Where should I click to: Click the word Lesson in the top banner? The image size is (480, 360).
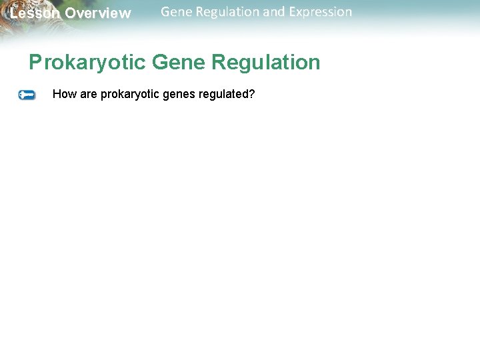coord(33,13)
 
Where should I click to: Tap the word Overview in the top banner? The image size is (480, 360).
coord(98,13)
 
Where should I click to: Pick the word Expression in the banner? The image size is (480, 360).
coord(320,12)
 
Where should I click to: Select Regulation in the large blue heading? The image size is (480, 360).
coord(266,63)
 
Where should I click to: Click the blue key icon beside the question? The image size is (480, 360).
coord(27,95)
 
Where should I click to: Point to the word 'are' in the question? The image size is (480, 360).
coord(89,94)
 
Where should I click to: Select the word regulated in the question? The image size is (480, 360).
coord(223,95)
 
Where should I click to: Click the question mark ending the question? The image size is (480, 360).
coord(252,94)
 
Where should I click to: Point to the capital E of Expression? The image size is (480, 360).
coord(293,11)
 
